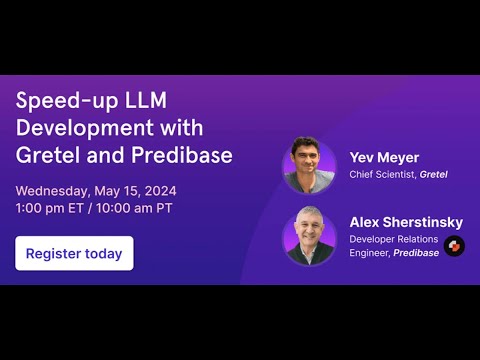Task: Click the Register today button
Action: click(x=74, y=253)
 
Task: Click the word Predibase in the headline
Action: click(x=184, y=155)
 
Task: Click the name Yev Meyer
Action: click(x=385, y=157)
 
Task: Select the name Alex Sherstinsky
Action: click(x=405, y=222)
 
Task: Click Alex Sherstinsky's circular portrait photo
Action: click(x=309, y=236)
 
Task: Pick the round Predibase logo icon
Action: click(x=455, y=246)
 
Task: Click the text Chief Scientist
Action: click(x=382, y=175)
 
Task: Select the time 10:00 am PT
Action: click(x=137, y=208)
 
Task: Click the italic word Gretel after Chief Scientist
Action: click(x=434, y=175)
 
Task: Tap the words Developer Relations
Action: click(x=394, y=240)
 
